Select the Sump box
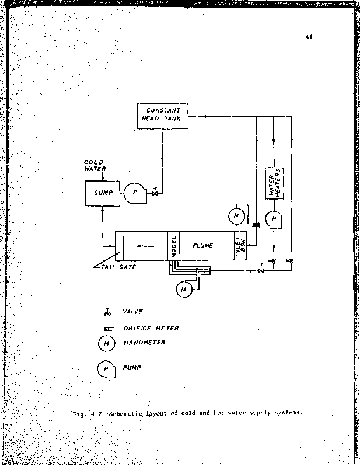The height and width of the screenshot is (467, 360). [x=103, y=192]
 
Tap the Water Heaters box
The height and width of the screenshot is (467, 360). [x=275, y=183]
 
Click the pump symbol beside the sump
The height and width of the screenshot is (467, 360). [x=132, y=192]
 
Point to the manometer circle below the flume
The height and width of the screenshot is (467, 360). [x=184, y=288]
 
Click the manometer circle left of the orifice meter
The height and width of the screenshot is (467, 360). [x=236, y=216]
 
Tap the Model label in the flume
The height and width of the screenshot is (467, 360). [x=174, y=246]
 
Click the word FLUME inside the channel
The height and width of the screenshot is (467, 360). [x=202, y=246]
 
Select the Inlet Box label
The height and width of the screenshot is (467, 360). [x=240, y=246]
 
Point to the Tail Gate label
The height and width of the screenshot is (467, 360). [x=120, y=267]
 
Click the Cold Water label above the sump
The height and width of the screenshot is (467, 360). [x=94, y=165]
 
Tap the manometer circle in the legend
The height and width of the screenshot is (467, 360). [x=107, y=344]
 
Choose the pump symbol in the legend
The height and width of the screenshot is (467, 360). [x=107, y=368]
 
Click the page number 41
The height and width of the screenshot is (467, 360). [x=308, y=38]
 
